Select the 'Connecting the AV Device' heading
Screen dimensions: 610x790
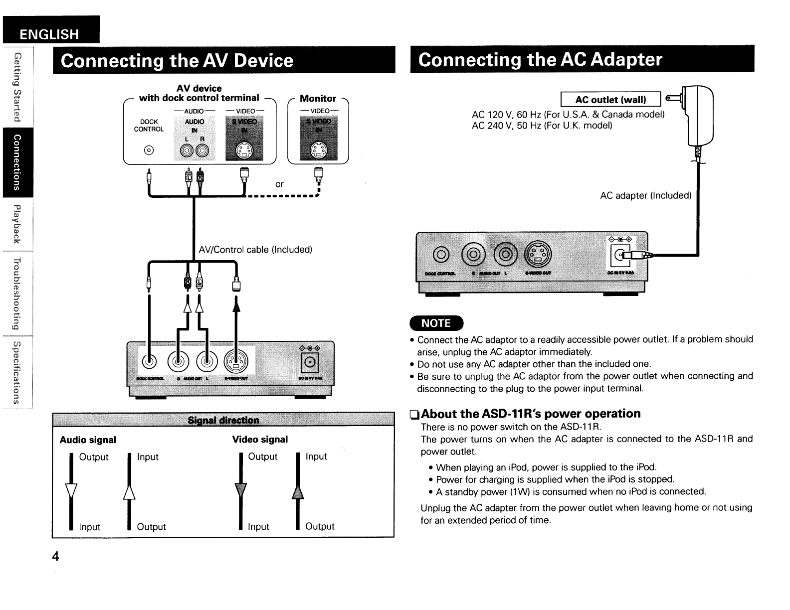click(177, 61)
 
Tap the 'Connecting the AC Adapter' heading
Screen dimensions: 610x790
click(541, 60)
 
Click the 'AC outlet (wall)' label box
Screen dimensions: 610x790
click(610, 100)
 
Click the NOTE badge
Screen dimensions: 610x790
click(436, 323)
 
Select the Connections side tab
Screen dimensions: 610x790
click(17, 162)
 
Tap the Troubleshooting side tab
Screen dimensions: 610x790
click(17, 294)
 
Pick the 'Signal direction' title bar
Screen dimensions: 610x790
click(223, 420)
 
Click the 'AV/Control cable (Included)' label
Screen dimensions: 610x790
click(255, 250)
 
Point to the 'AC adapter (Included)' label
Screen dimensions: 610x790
click(645, 196)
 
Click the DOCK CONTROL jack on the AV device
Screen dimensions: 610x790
click(148, 151)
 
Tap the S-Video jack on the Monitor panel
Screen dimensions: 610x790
click(318, 150)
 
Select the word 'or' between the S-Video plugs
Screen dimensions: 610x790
click(279, 184)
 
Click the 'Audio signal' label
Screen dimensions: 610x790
click(88, 440)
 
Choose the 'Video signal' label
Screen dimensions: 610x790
click(260, 440)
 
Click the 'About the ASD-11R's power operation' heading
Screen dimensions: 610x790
click(531, 414)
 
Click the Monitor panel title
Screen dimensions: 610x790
click(318, 99)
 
